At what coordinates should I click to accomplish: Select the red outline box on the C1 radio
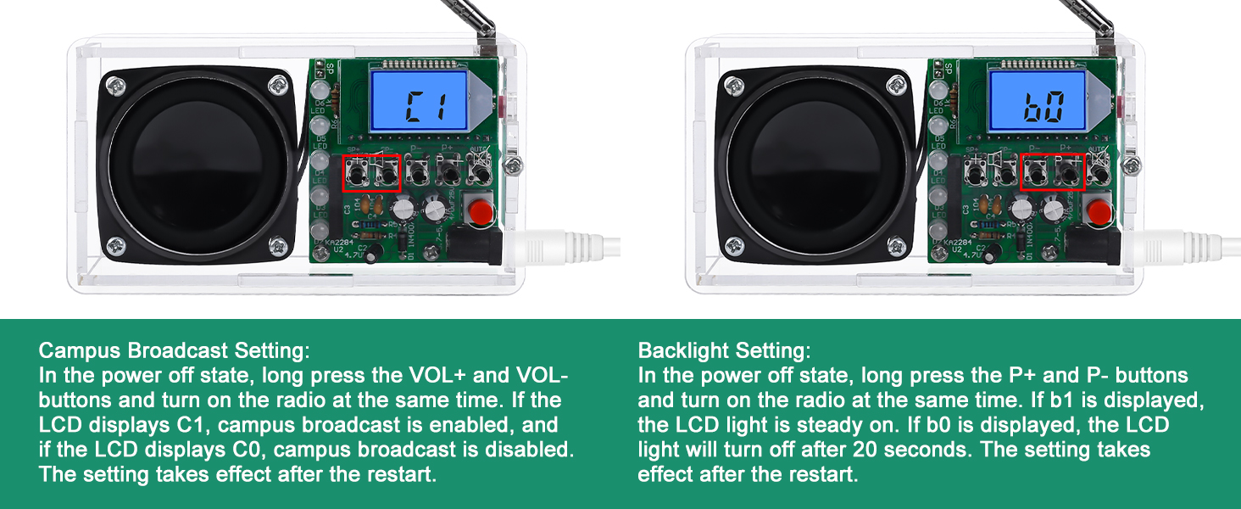pos(372,173)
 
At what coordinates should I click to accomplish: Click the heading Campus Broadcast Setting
pos(175,351)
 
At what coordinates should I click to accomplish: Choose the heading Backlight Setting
pos(724,351)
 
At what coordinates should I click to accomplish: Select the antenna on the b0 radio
pos(1087,17)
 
